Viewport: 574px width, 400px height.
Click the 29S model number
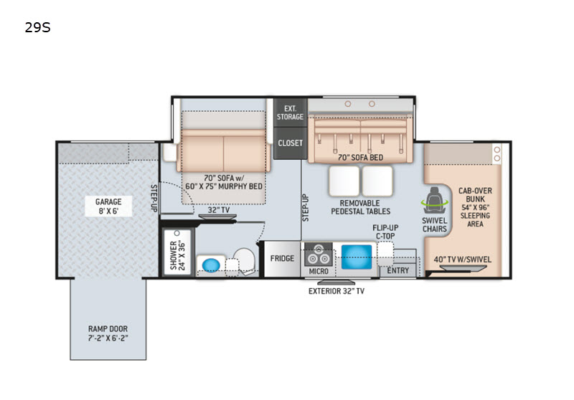coord(37,27)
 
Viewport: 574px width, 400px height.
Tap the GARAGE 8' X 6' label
coord(108,206)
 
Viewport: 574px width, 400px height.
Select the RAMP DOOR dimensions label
coord(108,333)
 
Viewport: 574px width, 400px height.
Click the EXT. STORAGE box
coord(291,113)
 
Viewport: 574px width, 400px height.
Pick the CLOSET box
coord(291,143)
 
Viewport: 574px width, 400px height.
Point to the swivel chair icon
coord(435,200)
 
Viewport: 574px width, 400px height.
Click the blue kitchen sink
coord(357,257)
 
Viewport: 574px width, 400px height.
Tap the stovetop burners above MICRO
coord(319,254)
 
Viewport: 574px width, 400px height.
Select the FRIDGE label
coord(282,259)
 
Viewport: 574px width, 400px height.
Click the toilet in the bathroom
coord(245,261)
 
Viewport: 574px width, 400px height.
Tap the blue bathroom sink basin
coord(211,265)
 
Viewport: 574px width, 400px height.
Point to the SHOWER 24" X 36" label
coord(178,256)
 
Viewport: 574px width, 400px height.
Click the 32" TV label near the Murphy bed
coord(219,210)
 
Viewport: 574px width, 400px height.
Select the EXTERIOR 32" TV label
coord(337,291)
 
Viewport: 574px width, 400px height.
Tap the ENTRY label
coord(398,270)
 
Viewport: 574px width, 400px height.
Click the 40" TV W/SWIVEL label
coord(463,259)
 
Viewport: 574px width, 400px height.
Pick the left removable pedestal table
coord(344,181)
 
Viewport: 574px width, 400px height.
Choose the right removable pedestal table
coord(377,181)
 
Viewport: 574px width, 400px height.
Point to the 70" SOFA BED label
coord(360,158)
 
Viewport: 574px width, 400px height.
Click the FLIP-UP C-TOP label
coord(385,232)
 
